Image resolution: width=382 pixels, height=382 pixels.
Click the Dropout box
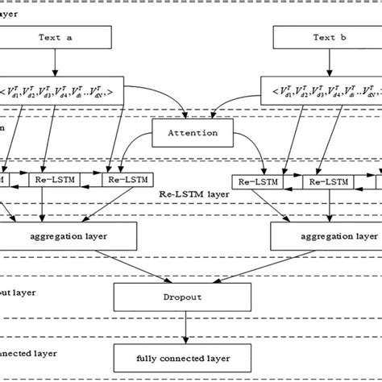point(186,296)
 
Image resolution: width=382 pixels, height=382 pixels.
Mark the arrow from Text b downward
point(323,65)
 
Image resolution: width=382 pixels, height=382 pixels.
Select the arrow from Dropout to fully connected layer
point(186,326)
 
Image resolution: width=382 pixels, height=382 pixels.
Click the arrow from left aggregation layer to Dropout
point(120,266)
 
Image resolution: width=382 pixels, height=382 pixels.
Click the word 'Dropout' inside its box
point(186,296)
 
